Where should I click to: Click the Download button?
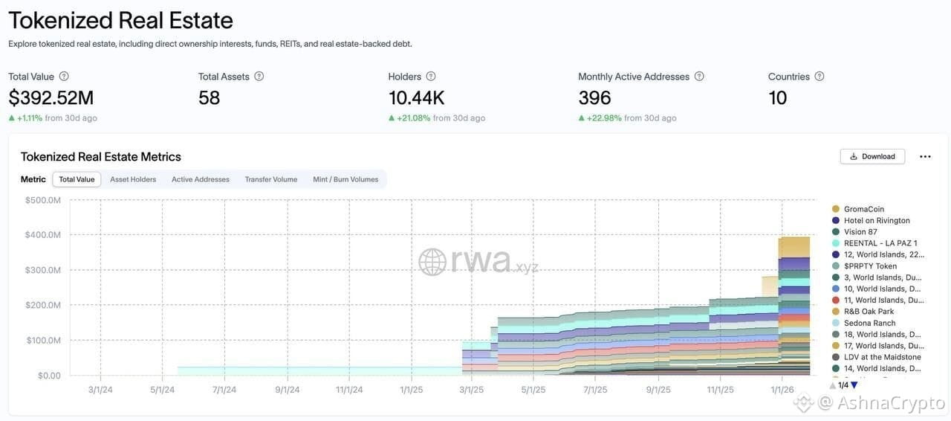(872, 156)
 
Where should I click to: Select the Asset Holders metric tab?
(133, 179)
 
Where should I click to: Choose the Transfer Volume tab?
(271, 179)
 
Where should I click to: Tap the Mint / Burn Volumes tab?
(345, 179)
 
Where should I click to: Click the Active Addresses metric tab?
(201, 179)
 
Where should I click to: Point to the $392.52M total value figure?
(51, 97)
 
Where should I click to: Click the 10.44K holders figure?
(416, 97)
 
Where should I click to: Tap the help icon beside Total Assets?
(259, 76)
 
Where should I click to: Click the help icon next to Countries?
(819, 76)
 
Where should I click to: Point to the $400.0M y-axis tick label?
(43, 235)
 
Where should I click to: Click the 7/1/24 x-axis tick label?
(224, 390)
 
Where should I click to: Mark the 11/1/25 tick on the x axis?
(720, 390)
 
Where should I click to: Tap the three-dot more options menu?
(925, 156)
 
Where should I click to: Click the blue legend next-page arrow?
(854, 385)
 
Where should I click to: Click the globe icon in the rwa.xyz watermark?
(432, 262)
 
